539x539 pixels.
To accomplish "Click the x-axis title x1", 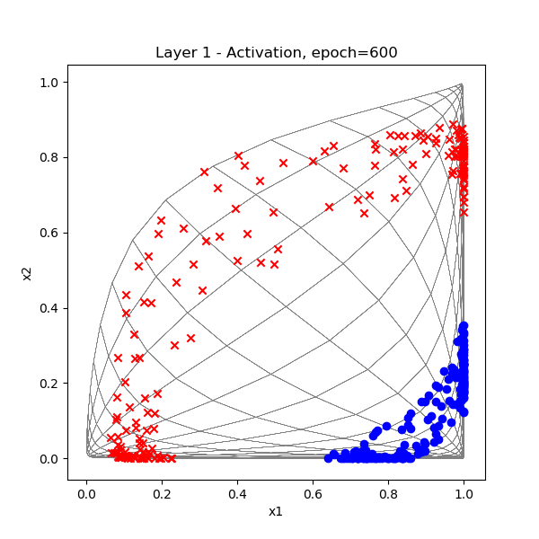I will coord(276,511).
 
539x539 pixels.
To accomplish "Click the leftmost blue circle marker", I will coord(328,458).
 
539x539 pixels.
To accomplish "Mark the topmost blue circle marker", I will coord(464,326).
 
